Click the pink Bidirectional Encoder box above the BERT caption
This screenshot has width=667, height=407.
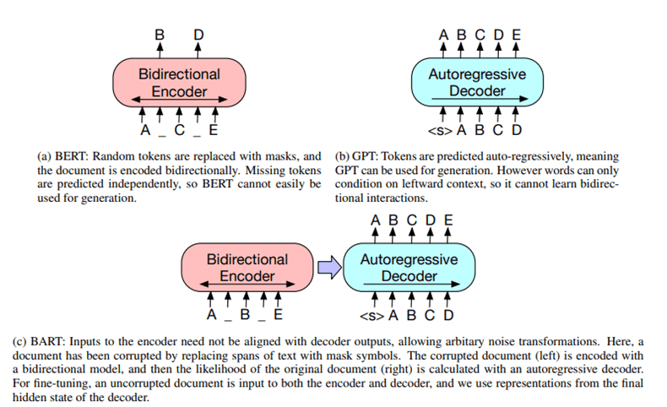point(179,82)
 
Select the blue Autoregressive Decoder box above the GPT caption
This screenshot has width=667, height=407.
point(477,82)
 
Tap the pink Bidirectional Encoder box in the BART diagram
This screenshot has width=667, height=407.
point(247,268)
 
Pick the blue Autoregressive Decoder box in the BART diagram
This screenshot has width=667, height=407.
point(409,268)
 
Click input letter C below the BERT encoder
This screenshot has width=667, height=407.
point(179,131)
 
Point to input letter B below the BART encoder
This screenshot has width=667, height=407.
point(245,317)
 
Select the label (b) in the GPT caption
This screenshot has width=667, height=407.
point(343,157)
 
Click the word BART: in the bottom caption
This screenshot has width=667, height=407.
point(51,342)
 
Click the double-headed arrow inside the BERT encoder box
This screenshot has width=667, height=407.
point(179,100)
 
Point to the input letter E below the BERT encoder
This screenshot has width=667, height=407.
point(214,131)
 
